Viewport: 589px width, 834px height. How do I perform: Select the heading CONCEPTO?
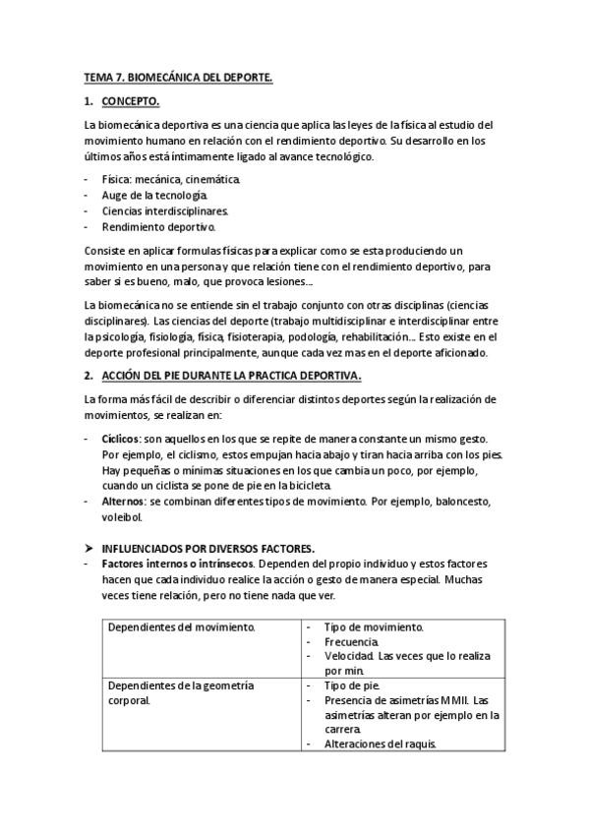click(x=131, y=101)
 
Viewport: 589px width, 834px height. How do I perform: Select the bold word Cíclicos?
click(x=121, y=438)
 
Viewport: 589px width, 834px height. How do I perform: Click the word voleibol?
click(x=122, y=517)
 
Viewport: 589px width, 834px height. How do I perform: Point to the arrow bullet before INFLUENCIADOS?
click(x=88, y=547)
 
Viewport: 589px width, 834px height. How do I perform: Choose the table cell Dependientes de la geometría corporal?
click(x=181, y=692)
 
